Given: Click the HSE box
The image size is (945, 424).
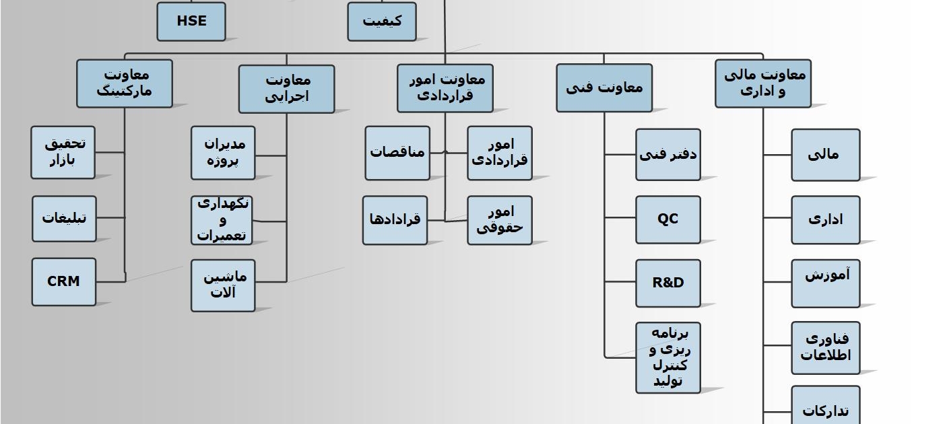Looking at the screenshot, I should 191,22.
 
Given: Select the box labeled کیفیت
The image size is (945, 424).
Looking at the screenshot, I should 381,22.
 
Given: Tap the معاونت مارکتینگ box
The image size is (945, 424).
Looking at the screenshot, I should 124,83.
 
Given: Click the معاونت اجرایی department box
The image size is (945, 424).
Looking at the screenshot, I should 286,88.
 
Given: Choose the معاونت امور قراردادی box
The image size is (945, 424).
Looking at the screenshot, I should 445,87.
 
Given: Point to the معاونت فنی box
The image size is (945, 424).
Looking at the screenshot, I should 604,87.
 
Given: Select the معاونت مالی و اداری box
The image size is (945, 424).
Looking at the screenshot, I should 762,83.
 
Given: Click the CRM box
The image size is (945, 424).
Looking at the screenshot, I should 64,281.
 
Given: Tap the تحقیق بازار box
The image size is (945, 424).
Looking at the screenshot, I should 63,152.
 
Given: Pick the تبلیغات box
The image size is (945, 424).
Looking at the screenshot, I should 64,218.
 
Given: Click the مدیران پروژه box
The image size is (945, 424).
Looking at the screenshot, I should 223,153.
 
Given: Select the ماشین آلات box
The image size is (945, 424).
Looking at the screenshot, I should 223,285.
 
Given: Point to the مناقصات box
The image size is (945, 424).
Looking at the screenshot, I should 397,153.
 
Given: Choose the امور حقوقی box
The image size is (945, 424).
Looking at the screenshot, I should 499,220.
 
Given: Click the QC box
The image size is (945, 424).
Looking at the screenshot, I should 667,219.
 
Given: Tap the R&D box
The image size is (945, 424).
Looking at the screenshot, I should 667,283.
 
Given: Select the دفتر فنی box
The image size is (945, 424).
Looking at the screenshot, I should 667,155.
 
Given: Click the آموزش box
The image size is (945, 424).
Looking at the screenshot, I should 825,283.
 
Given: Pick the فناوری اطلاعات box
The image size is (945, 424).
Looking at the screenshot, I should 825,347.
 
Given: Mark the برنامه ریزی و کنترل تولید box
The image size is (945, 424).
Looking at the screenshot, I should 667,357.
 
